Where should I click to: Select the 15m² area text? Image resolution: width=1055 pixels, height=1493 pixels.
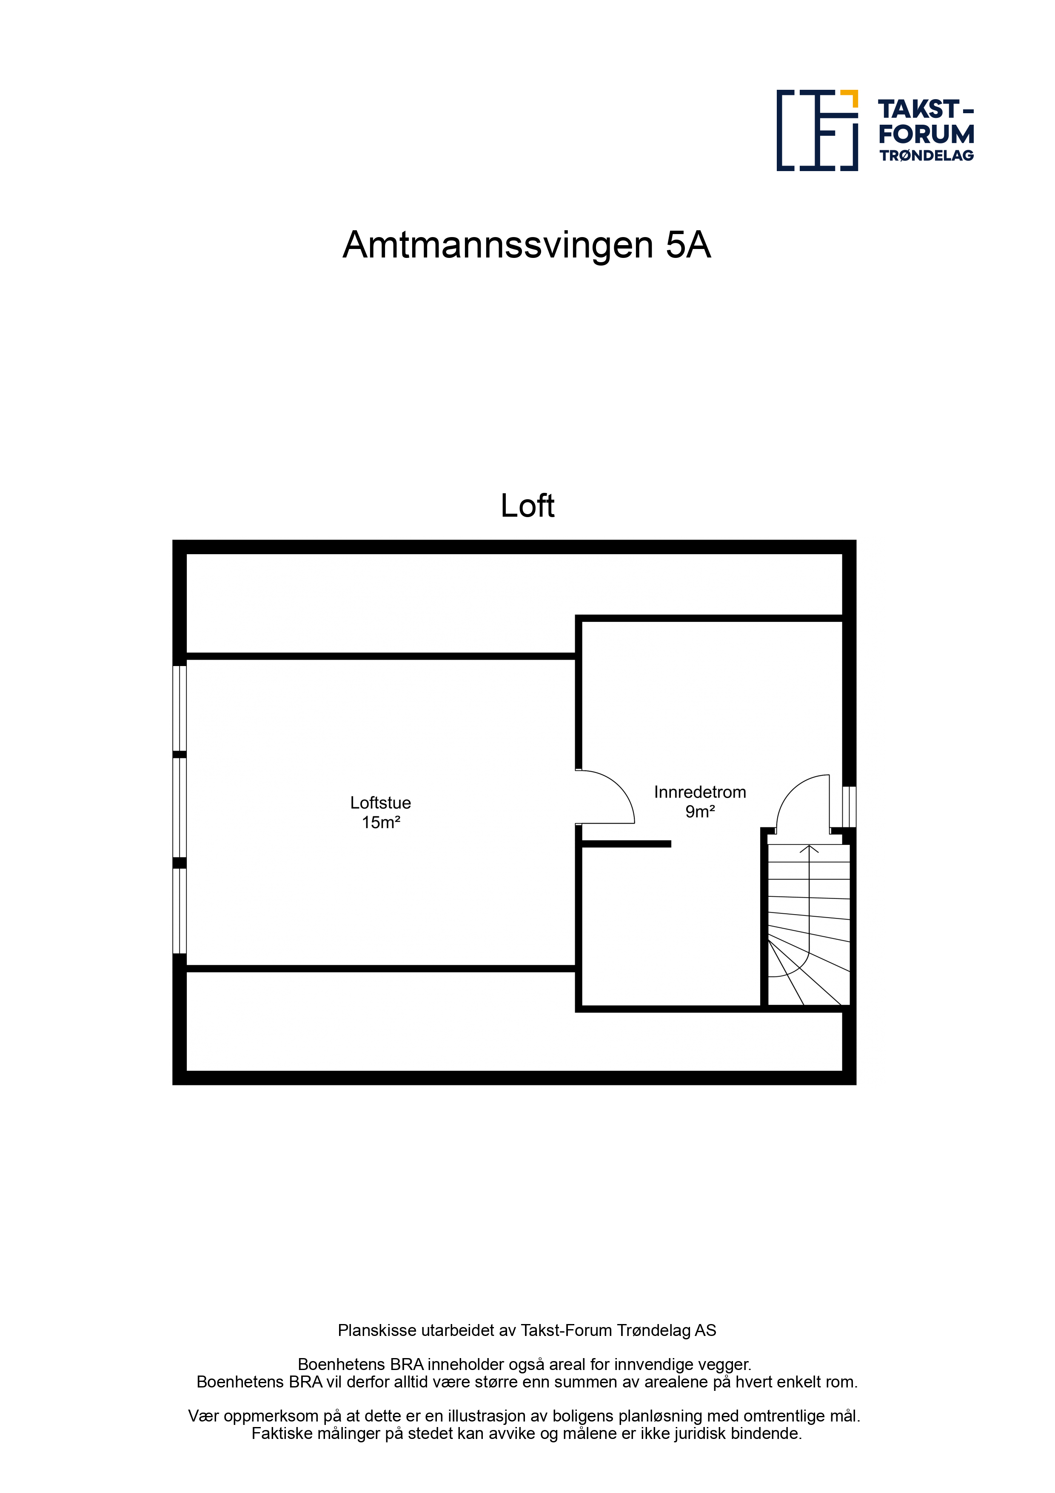pyautogui.click(x=381, y=823)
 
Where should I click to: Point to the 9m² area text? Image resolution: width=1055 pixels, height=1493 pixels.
pyautogui.click(x=700, y=812)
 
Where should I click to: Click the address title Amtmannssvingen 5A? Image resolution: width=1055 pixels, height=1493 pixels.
pyautogui.click(x=527, y=245)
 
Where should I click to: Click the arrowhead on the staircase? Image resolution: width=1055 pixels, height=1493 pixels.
pyautogui.click(x=809, y=849)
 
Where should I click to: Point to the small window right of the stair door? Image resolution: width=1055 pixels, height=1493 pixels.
pyautogui.click(x=849, y=807)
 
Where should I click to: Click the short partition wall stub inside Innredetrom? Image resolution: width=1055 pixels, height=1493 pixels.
pyautogui.click(x=626, y=844)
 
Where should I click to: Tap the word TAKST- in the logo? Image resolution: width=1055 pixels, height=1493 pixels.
pyautogui.click(x=926, y=109)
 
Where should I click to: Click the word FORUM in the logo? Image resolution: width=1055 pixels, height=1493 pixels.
pyautogui.click(x=926, y=134)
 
